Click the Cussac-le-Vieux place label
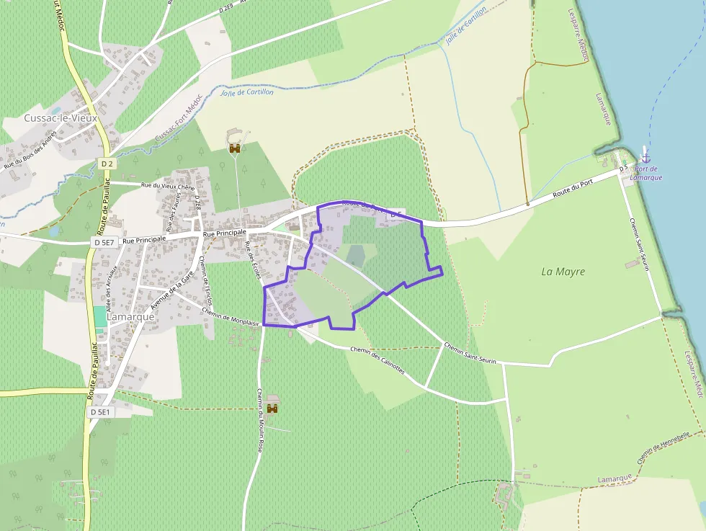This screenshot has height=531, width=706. [61, 117]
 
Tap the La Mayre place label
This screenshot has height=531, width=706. [563, 272]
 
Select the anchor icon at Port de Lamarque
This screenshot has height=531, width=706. [645, 156]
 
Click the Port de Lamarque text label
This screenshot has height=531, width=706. [645, 173]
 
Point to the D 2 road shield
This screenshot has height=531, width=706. [107, 164]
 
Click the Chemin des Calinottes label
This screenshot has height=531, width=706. [377, 360]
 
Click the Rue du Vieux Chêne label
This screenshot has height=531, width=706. [168, 186]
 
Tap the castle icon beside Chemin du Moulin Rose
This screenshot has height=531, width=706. [272, 408]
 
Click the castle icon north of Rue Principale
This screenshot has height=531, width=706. [235, 148]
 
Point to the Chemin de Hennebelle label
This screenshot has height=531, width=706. [663, 447]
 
